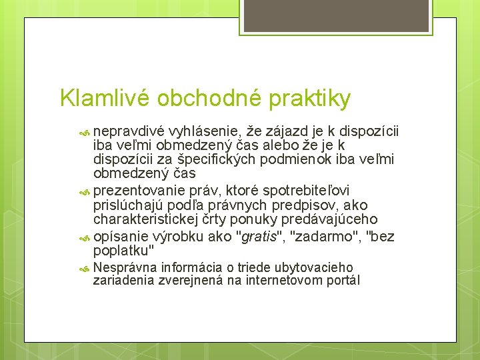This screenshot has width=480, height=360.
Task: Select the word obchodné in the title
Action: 211,99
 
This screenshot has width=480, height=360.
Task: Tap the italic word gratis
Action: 258,237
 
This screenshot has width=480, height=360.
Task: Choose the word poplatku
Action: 123,251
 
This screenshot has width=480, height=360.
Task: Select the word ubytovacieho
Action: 311,267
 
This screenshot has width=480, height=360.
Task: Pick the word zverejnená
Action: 193,281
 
